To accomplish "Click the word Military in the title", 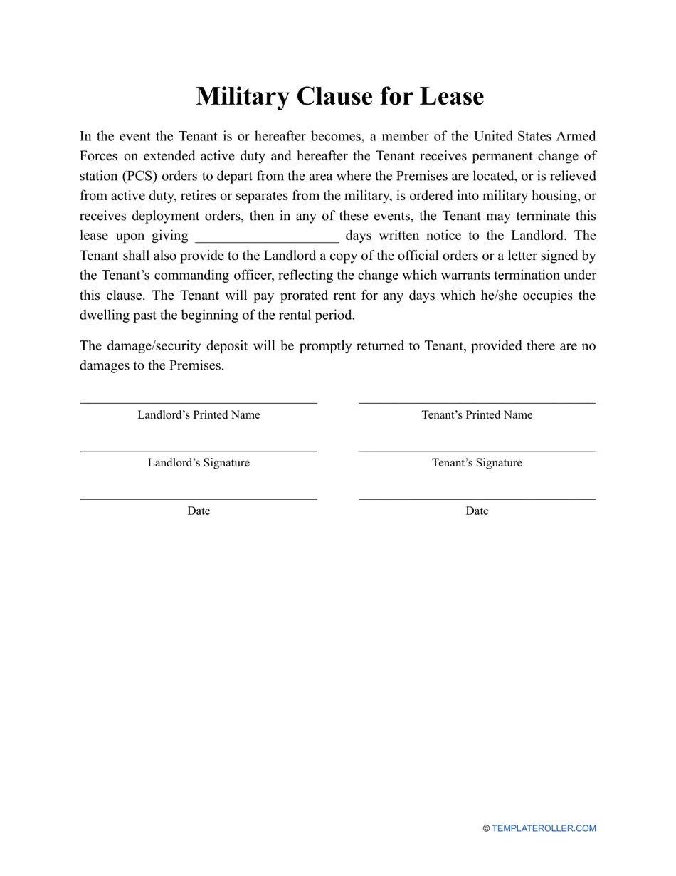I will click(x=242, y=96).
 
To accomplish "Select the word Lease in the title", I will click(x=451, y=96).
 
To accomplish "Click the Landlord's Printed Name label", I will click(x=199, y=415).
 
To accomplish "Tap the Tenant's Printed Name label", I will click(x=477, y=415).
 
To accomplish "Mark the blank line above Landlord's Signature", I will click(x=199, y=451).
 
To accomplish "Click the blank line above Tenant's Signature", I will click(x=477, y=451).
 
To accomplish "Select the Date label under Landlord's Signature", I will click(x=199, y=511).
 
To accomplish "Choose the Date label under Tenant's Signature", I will click(x=477, y=511).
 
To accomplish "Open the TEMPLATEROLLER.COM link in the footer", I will click(x=544, y=828).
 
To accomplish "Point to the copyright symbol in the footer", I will click(x=486, y=828).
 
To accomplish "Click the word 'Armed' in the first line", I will click(x=577, y=136).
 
